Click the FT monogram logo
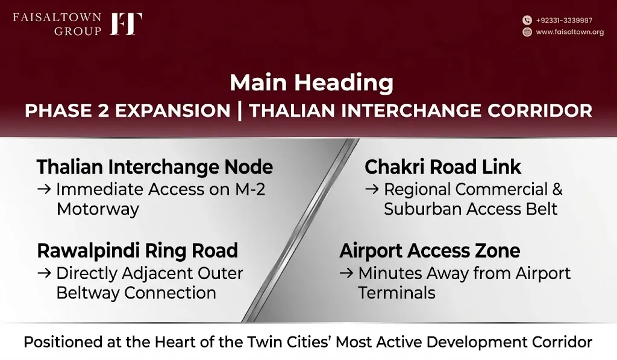(126, 24)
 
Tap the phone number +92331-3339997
(564, 21)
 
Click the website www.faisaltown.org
(570, 32)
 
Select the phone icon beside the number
(527, 20)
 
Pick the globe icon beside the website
(527, 32)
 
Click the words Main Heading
(312, 83)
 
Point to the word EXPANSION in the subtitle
(172, 111)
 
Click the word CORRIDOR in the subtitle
(539, 111)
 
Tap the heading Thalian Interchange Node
(155, 167)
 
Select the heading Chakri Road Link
(443, 167)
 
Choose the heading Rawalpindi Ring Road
(137, 251)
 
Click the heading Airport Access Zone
(430, 251)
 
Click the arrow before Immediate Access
(44, 189)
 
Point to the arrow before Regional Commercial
(372, 189)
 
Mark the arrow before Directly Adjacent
(44, 273)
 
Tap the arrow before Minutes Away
(346, 273)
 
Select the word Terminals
(396, 293)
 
